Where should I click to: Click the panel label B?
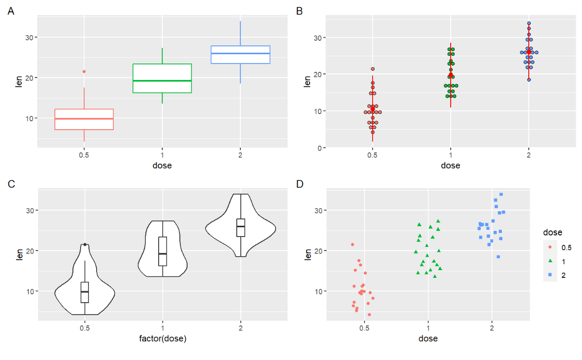pos(299,10)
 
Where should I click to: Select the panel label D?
pos(299,183)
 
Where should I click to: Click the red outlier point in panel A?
pos(84,71)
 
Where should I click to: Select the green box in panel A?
pos(162,79)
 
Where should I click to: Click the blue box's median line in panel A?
pos(240,53)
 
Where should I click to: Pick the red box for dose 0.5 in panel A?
pos(84,119)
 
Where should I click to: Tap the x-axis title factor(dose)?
pos(162,339)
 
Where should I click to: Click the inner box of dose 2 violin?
pos(240,227)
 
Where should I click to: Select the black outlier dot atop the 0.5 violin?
pos(85,245)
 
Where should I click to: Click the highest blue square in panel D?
pos(501,195)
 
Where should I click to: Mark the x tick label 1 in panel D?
pos(428,328)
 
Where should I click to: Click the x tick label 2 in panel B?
pos(529,155)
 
